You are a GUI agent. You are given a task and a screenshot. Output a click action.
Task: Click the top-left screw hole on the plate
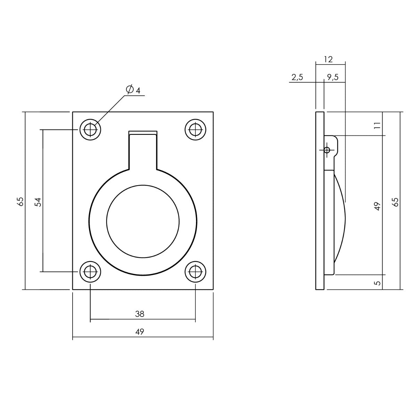[91, 130]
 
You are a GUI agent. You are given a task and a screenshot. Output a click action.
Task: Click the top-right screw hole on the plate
[195, 130]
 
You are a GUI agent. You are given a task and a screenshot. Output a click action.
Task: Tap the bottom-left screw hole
[91, 271]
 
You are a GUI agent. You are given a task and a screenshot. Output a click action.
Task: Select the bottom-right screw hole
[195, 271]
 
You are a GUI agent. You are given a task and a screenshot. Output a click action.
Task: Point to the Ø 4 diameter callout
[133, 90]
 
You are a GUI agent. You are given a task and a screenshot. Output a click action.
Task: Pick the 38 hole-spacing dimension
[140, 314]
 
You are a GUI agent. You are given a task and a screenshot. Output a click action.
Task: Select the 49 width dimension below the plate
[140, 332]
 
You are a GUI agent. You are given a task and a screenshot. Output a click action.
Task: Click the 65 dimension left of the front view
[21, 202]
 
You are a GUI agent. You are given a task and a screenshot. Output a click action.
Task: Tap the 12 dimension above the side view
[328, 59]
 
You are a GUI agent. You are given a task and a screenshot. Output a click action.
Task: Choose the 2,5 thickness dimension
[297, 77]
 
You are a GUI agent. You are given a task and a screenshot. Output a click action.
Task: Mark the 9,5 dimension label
[333, 77]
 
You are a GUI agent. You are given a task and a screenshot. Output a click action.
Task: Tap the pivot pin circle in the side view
[327, 150]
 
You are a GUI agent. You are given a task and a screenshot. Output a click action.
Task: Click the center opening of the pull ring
[143, 222]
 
